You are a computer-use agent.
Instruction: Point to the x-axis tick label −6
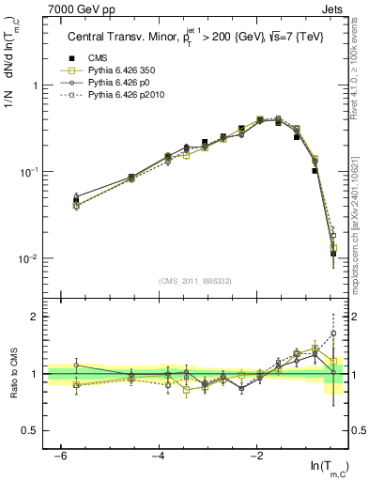point(60,455)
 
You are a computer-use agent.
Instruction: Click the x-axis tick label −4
point(159,455)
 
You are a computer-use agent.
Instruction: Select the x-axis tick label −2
point(257,455)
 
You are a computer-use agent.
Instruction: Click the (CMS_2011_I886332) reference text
point(197,280)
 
